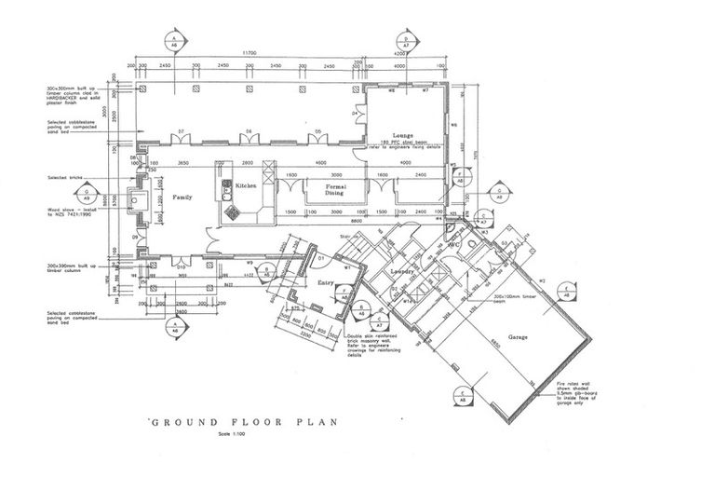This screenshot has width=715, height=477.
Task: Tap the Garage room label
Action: tap(518, 339)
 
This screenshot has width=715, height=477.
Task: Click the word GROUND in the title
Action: tap(181, 420)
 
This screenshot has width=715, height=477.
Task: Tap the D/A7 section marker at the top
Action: tap(406, 39)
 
